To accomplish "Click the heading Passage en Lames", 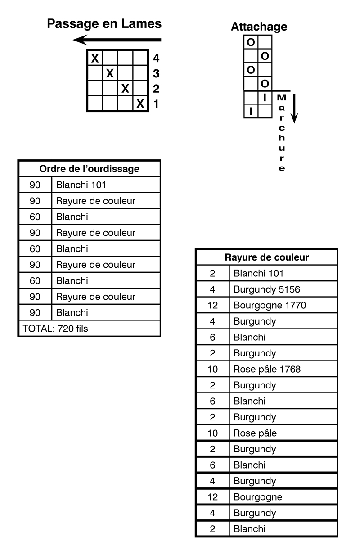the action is pos(104,24).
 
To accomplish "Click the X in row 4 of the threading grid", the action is pos(95,58).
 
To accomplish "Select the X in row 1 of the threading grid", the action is pos(140,104).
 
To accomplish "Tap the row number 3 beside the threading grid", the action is pos(156,73).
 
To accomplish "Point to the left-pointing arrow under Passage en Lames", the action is pos(117,40).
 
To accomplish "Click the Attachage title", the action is pos(259,27).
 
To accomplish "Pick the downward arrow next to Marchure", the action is pos(294,108).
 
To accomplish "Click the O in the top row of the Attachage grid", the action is pos(251,42).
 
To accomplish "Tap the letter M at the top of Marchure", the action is pos(282,98).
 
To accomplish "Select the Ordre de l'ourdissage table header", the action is pos(89,169).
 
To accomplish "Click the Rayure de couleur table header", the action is pos(267,257).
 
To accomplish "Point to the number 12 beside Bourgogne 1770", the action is pos(212,305).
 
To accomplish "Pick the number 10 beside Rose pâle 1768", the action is pos(212,369).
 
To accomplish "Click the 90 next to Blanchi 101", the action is pos(35,185).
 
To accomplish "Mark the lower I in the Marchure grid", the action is pos(251,112).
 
